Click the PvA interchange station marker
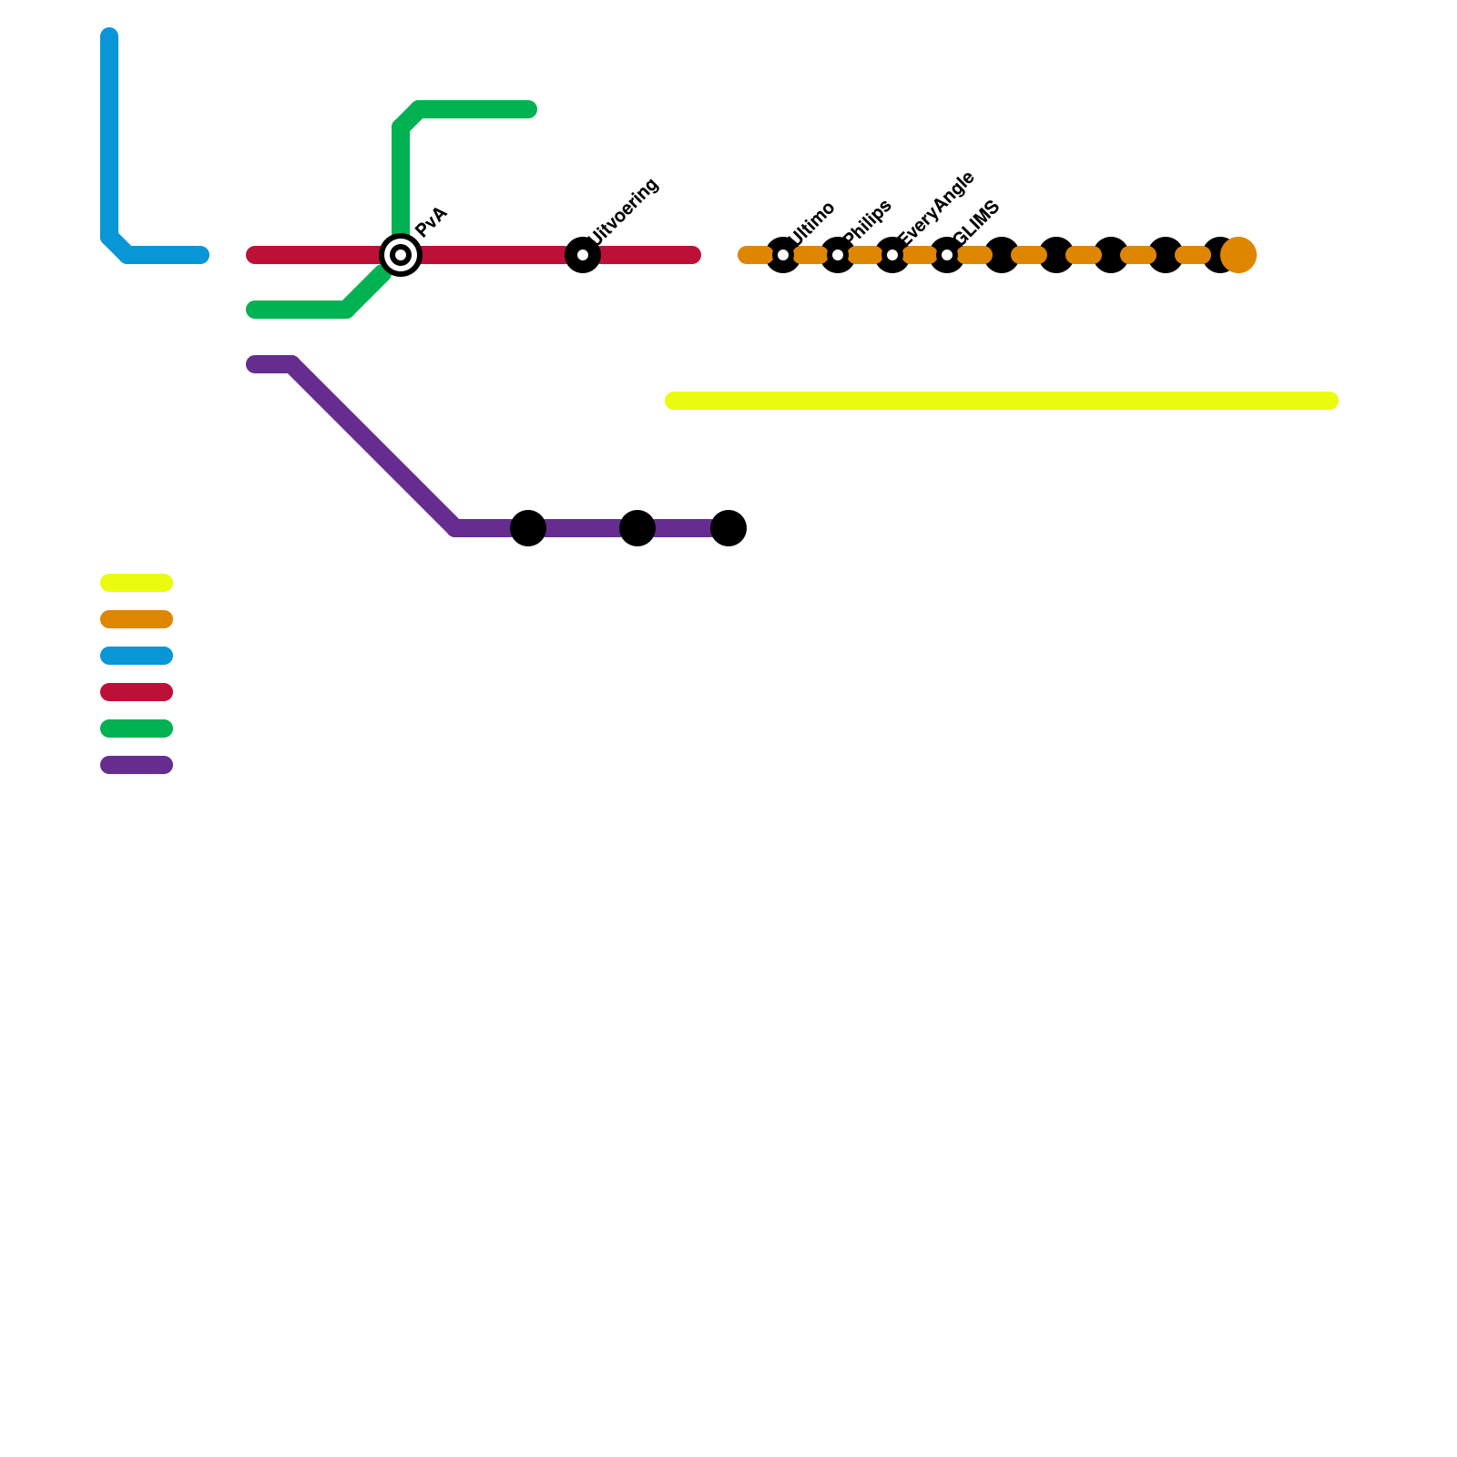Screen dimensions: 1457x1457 pyautogui.click(x=401, y=255)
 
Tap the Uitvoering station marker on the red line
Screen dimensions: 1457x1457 pyautogui.click(x=583, y=255)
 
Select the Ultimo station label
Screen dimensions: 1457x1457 pyautogui.click(x=812, y=222)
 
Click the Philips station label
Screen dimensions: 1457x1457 pyautogui.click(x=868, y=221)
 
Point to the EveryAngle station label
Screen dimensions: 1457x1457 pyautogui.click(x=936, y=209)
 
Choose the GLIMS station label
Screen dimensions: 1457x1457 pyautogui.click(x=977, y=222)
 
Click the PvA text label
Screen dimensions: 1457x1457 pyautogui.click(x=431, y=222)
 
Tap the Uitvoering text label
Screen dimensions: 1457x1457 pyautogui.click(x=625, y=211)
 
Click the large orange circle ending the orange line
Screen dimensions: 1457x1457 pyautogui.click(x=1238, y=255)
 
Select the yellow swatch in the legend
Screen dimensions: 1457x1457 pyautogui.click(x=137, y=583)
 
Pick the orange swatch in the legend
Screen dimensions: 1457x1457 pyautogui.click(x=137, y=619)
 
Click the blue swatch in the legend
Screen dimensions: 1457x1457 pyautogui.click(x=137, y=656)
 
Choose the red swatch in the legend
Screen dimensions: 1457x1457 pyautogui.click(x=137, y=692)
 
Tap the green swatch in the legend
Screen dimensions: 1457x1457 pyautogui.click(x=137, y=728)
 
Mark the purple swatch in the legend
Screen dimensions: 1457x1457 pyautogui.click(x=137, y=765)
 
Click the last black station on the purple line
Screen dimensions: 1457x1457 pyautogui.click(x=728, y=528)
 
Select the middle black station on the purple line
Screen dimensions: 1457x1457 pyautogui.click(x=637, y=528)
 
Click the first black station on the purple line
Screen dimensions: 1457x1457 pyautogui.click(x=528, y=528)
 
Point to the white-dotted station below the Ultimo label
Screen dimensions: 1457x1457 pyautogui.click(x=783, y=255)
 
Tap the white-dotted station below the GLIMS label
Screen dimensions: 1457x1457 pyautogui.click(x=947, y=255)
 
